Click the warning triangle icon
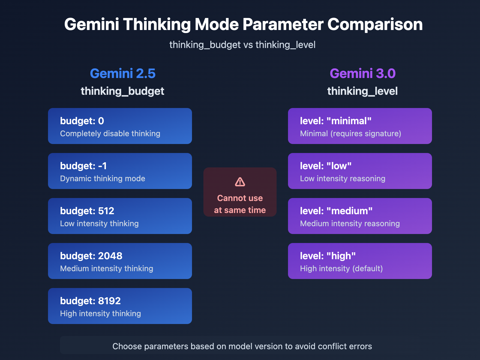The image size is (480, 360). pos(240,182)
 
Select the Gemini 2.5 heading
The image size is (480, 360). pos(123,73)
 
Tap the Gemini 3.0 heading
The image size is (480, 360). pos(362,73)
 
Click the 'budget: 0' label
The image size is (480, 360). pos(82,121)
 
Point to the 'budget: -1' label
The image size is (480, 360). pos(83,166)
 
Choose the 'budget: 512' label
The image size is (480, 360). pos(87,211)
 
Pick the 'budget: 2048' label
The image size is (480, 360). pos(91,256)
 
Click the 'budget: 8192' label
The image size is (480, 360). pos(90,301)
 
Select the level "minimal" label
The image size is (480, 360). pos(336,121)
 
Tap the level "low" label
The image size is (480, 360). pos(326,166)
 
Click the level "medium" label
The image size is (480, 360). pos(336,211)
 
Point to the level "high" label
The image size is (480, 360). pos(328,256)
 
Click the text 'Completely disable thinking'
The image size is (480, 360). pos(110,133)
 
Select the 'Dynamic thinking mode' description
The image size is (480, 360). pos(103,178)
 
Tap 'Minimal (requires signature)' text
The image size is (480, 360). pos(351,133)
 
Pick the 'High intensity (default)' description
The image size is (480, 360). pos(341,268)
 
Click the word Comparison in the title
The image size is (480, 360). pos(375,25)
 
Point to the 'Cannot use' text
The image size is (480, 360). pos(240,198)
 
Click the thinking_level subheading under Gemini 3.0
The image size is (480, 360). pos(362,91)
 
